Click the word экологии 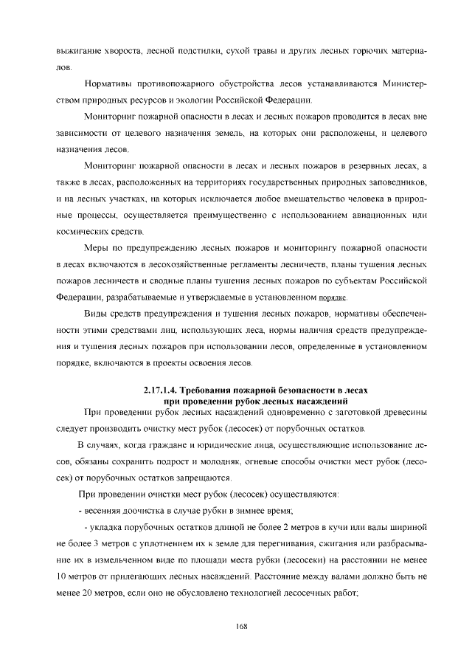point(203,100)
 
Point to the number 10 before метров point(63,576)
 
